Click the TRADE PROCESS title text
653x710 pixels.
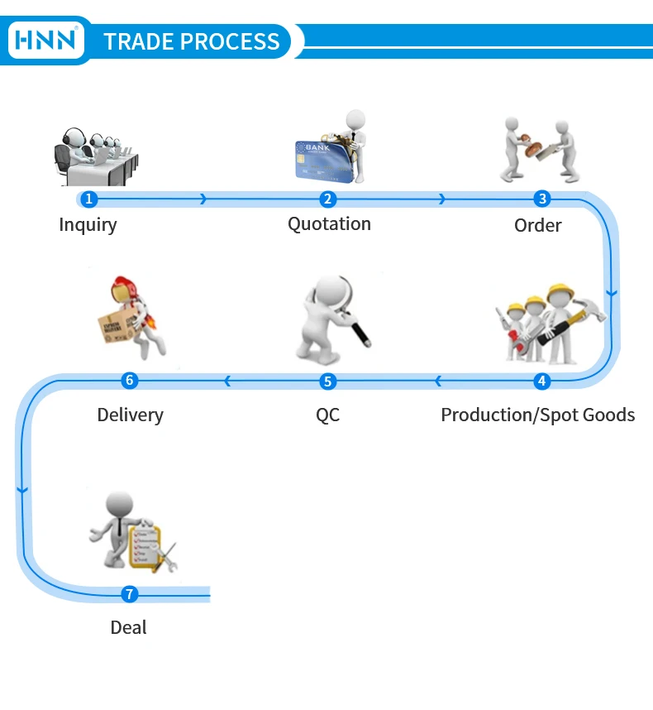pos(192,41)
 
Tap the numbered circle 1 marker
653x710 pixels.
pos(89,199)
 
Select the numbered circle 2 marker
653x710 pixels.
pos(328,199)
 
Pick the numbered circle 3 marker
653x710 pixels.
pos(542,199)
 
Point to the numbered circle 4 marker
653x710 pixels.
pos(542,381)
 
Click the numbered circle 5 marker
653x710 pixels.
pos(328,381)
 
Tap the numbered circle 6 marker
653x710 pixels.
pos(129,381)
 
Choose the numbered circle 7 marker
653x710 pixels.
pos(129,593)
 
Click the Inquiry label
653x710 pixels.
pos(88,224)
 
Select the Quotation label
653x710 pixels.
pos(329,223)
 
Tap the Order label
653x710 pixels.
pos(537,225)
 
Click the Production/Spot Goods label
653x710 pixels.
pos(537,415)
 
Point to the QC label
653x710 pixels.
pos(327,415)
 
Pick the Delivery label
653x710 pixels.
pos(130,415)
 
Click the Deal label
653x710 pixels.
pos(128,627)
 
